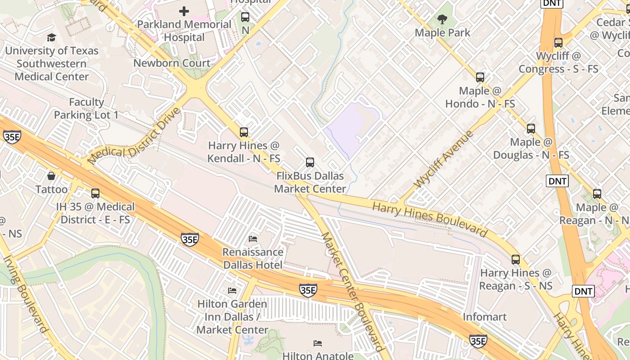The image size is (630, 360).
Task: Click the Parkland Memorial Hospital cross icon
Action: [184, 11]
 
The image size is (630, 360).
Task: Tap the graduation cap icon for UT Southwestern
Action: [51, 37]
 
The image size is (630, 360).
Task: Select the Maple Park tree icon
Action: [442, 19]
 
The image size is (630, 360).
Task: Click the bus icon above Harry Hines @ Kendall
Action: [243, 132]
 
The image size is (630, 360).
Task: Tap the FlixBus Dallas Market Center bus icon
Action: [310, 162]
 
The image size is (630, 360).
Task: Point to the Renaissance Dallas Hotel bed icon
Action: [253, 238]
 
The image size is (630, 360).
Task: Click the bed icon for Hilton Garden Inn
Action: [232, 291]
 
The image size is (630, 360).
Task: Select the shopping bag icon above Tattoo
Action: [51, 176]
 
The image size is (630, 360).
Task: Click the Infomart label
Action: [485, 317]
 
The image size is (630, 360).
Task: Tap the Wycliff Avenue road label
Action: [443, 159]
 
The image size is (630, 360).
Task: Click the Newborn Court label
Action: [172, 63]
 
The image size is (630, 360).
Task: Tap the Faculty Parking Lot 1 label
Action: [86, 108]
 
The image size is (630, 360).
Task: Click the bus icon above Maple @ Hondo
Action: [480, 77]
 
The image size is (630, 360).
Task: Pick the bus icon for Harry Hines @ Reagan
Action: [516, 260]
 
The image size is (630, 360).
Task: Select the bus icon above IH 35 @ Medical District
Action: [95, 193]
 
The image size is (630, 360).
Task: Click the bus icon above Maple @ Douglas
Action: [531, 129]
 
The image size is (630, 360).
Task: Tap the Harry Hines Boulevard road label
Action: [430, 220]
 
